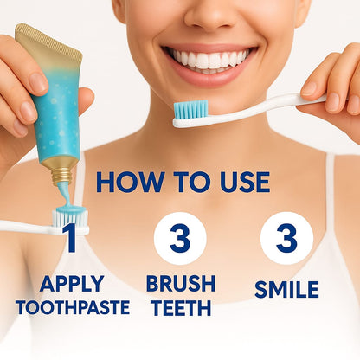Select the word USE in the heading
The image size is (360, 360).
[245, 183]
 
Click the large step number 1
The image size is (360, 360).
[71, 238]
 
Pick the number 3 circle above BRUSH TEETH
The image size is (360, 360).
[180, 238]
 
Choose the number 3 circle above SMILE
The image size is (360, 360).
[286, 238]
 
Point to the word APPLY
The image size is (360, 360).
[72, 284]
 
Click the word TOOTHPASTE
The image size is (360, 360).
[73, 307]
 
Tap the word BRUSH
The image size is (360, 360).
[181, 284]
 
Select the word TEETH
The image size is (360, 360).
[182, 308]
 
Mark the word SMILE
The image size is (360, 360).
[286, 290]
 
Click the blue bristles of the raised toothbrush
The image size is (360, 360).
[191, 110]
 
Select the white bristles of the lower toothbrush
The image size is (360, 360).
[71, 218]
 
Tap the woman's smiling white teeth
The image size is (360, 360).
[209, 59]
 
